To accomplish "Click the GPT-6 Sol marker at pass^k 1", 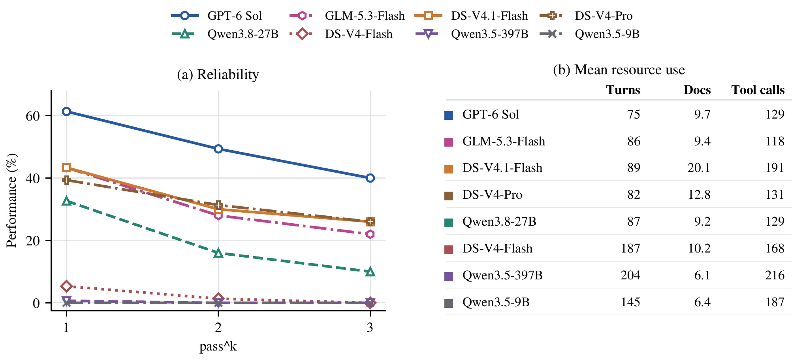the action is (x=66, y=111).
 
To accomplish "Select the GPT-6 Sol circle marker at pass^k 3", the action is (x=370, y=178).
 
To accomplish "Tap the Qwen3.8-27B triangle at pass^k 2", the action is (x=218, y=253).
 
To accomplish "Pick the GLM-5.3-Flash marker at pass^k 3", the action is (x=370, y=234).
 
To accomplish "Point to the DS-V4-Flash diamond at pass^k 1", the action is (x=66, y=286).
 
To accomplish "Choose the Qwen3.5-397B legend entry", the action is (x=472, y=34).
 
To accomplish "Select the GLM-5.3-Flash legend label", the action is (x=365, y=16).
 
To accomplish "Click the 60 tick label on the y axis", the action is (x=33, y=116).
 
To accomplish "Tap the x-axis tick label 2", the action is (x=218, y=327).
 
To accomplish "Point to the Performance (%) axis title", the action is (x=11, y=200).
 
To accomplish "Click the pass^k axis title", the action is (x=218, y=347).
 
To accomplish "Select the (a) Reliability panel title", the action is (x=218, y=74).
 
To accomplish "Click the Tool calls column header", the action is (x=758, y=90).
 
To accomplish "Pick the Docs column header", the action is (x=697, y=90).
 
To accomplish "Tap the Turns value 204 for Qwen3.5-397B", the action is (x=630, y=275).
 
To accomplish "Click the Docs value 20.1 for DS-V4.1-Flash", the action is (x=699, y=168).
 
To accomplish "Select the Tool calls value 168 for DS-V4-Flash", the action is (x=775, y=248).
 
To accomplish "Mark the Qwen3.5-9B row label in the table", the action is (x=496, y=302).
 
